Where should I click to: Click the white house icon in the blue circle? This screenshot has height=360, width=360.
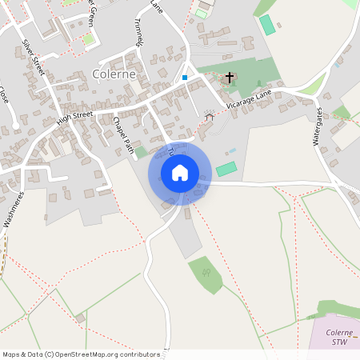click(180, 173)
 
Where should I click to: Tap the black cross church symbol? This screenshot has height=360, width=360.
click(230, 78)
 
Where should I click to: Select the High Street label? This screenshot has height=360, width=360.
click(75, 118)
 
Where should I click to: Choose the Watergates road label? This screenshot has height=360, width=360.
click(322, 125)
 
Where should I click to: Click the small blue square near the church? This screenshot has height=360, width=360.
click(185, 78)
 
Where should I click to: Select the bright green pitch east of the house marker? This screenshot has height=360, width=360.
click(227, 169)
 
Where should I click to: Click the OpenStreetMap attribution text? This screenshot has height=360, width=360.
click(80, 354)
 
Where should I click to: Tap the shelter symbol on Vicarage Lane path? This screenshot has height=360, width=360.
click(210, 117)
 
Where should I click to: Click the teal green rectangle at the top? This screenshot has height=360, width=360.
click(267, 25)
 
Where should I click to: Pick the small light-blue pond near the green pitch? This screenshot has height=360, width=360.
click(233, 151)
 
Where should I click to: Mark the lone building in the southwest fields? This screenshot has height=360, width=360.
click(81, 318)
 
